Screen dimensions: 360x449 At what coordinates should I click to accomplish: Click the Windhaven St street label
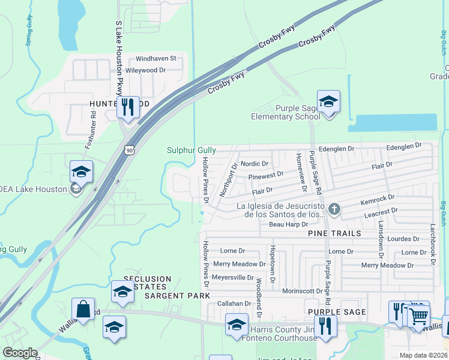[x=155, y=59]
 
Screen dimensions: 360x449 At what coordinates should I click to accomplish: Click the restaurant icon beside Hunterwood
[x=127, y=107]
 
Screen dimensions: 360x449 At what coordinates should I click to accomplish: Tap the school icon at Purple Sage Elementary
[x=328, y=101]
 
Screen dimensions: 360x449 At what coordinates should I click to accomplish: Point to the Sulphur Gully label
[x=191, y=150]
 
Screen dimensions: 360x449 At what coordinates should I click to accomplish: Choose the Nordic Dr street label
[x=255, y=164]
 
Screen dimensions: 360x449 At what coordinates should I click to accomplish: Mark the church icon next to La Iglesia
[x=335, y=209]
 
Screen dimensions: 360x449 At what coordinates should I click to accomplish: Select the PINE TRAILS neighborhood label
[x=335, y=233]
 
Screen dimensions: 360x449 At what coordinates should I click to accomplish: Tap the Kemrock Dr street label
[x=378, y=198]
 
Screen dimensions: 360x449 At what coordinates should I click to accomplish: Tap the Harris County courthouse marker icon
[x=237, y=325]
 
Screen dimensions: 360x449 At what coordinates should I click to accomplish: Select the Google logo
[x=20, y=353]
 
